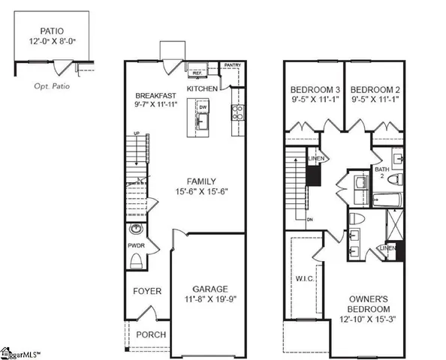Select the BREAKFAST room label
[x=155, y=96]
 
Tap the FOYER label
[x=143, y=292]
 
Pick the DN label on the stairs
[x=309, y=219]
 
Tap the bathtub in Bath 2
[x=384, y=201]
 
